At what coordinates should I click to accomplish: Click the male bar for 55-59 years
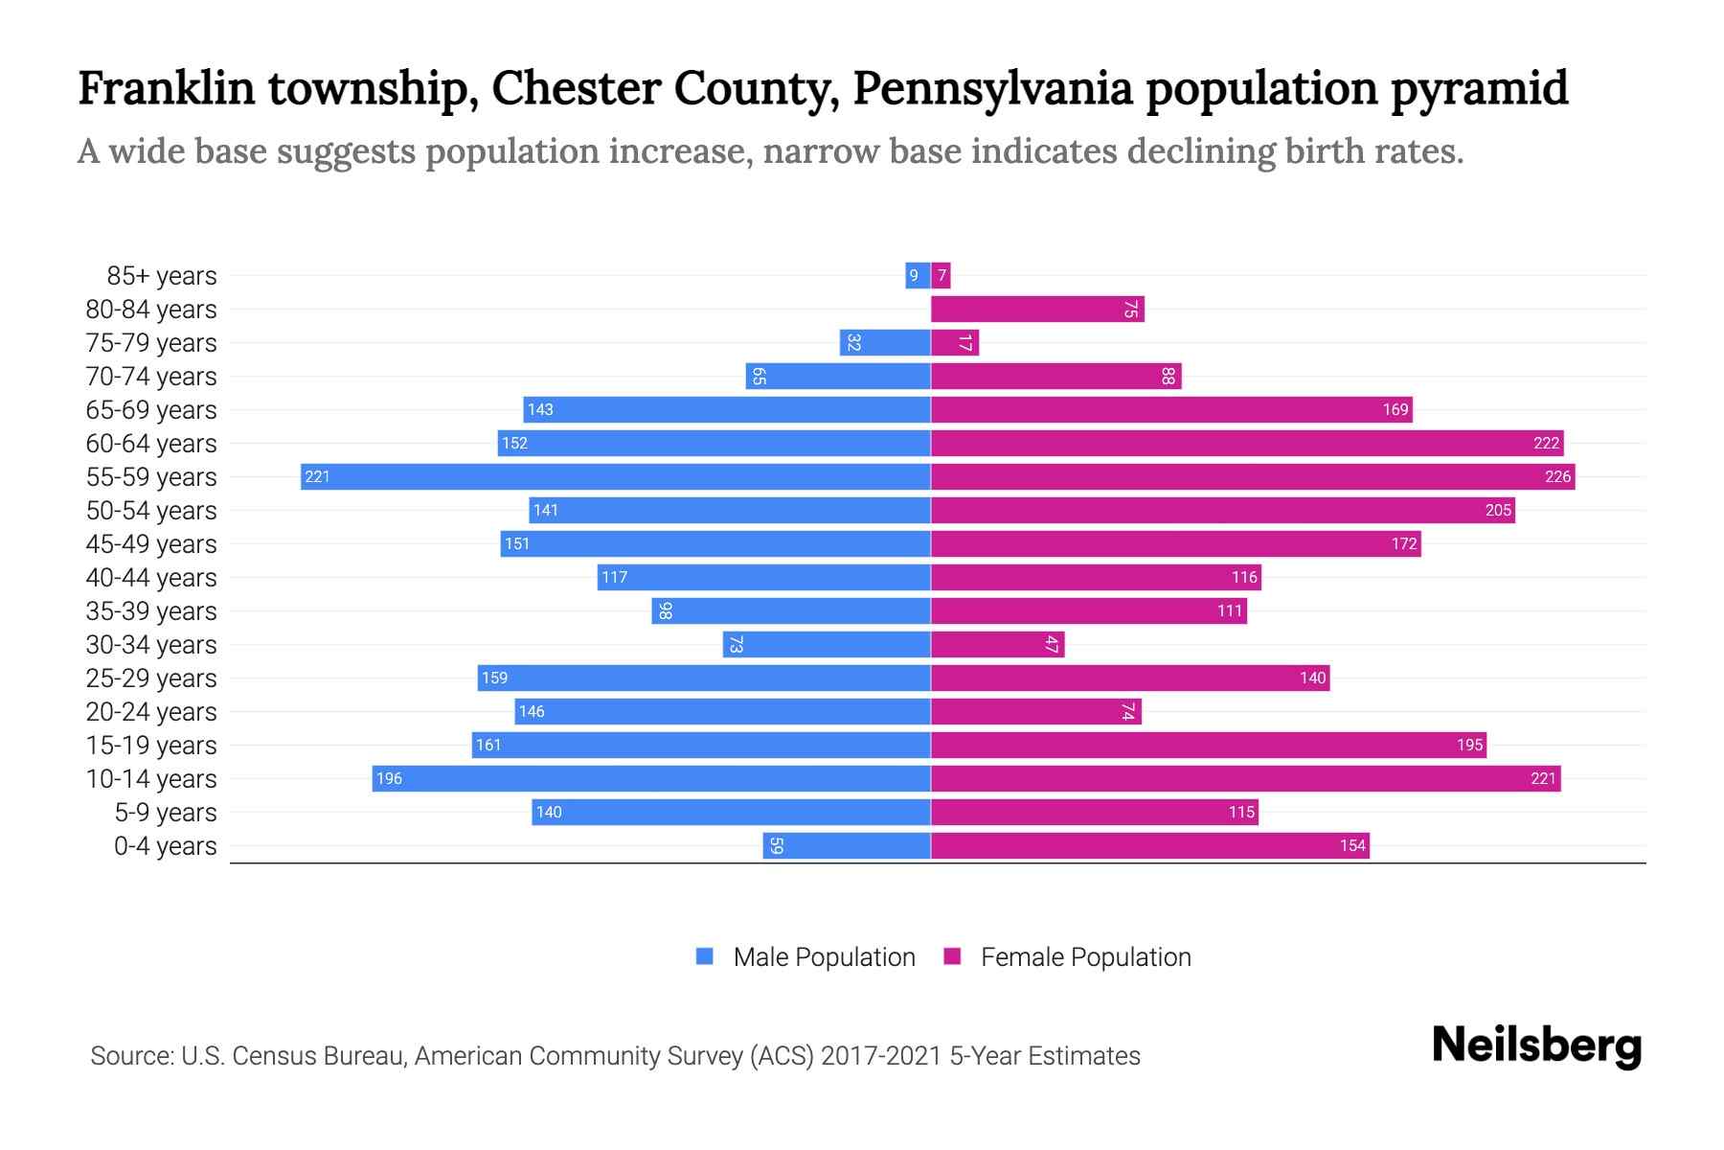point(615,476)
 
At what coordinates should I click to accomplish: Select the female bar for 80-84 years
point(1037,309)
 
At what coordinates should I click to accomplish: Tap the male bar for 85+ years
point(918,275)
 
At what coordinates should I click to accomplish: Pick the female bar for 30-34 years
point(997,644)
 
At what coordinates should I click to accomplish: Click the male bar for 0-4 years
point(847,845)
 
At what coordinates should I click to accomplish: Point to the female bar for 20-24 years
point(1035,711)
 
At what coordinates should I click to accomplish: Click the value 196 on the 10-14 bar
point(389,778)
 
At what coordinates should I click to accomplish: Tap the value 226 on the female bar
point(1557,476)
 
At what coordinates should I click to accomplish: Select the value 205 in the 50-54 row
point(1498,510)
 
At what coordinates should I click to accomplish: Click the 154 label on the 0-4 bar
point(1352,845)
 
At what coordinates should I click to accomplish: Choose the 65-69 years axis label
point(151,409)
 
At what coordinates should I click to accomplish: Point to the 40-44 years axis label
point(151,577)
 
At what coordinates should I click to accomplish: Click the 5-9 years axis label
point(165,812)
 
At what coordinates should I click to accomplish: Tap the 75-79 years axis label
point(151,342)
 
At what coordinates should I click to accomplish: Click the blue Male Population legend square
point(705,956)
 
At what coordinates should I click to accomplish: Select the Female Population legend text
point(1085,956)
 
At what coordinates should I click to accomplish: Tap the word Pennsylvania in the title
point(992,88)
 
